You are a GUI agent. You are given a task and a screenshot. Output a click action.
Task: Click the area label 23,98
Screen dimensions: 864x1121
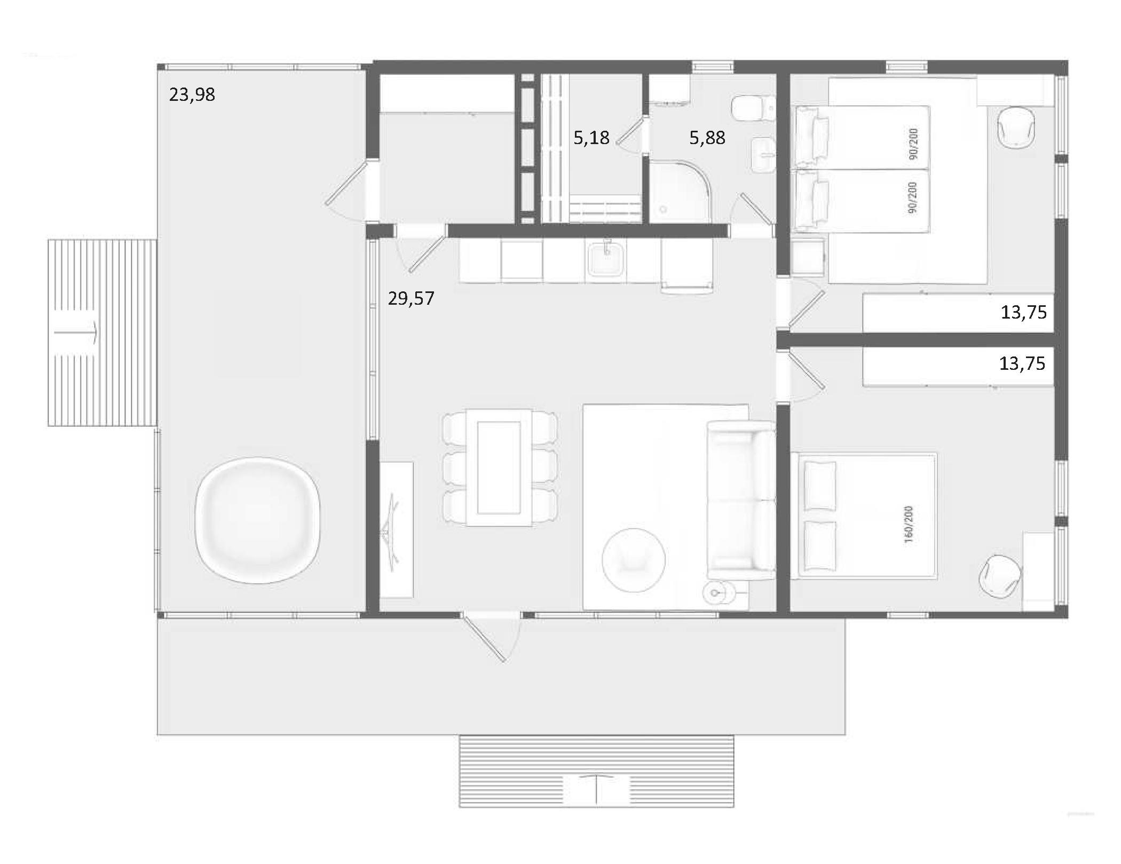tap(192, 94)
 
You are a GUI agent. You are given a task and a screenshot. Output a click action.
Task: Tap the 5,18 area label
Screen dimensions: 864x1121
tap(591, 138)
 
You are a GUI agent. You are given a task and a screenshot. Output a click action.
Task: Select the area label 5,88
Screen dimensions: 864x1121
tap(707, 138)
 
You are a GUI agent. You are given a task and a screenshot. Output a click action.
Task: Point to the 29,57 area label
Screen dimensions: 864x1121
tap(410, 298)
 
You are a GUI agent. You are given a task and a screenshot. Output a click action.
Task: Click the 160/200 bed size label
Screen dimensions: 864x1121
tap(909, 524)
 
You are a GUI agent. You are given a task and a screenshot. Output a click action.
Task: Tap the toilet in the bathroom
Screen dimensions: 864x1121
tap(753, 109)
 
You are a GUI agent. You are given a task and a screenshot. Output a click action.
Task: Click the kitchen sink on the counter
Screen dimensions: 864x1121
tap(606, 259)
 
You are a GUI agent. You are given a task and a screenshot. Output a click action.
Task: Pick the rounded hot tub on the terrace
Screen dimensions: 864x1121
tap(257, 520)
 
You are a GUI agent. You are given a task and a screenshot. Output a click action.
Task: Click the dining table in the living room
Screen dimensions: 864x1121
tap(499, 467)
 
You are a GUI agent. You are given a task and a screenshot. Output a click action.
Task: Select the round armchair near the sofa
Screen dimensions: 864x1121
tap(633, 559)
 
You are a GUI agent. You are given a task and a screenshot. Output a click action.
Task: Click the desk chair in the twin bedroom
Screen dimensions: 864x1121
tap(1016, 127)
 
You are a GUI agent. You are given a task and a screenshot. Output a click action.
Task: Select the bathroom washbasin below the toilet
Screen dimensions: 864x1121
tap(763, 155)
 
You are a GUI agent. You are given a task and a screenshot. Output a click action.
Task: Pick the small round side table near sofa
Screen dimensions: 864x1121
tap(715, 592)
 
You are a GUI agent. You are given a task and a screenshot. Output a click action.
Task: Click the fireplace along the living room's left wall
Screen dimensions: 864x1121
tap(396, 529)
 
